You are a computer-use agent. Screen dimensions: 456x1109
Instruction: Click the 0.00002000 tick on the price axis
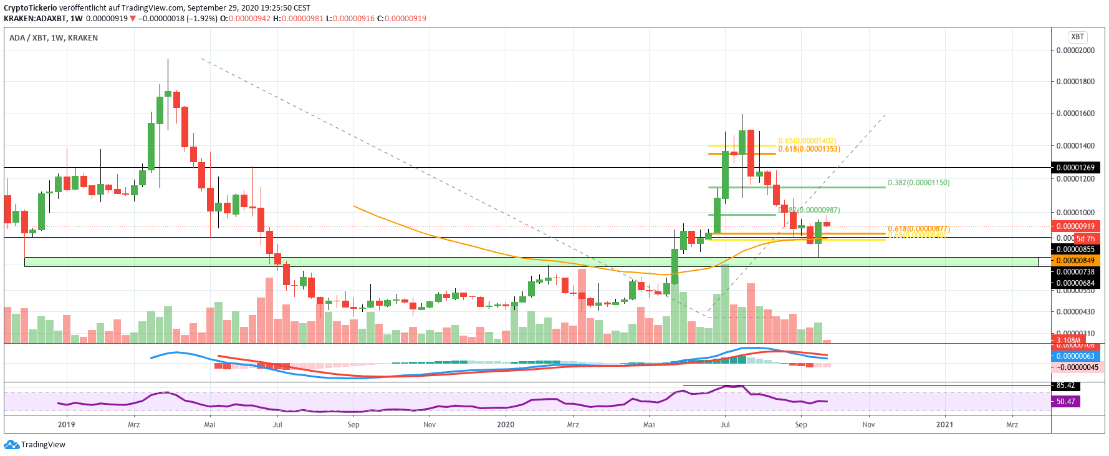coord(1075,51)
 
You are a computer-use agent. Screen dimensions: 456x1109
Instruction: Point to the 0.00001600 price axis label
coord(1075,114)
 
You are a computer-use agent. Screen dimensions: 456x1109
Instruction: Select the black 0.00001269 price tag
coord(1075,168)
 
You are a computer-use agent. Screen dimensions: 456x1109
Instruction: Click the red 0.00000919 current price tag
coord(1075,226)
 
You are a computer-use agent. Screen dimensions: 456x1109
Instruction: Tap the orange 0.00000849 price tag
coord(1075,261)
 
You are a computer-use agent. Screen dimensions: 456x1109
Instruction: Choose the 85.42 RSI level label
coord(1066,386)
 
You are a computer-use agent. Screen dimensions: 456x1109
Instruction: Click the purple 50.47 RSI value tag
coord(1066,402)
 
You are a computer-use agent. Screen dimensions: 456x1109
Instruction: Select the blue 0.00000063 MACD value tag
coord(1075,356)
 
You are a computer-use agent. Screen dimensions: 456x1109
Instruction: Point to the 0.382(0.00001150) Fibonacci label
coord(918,183)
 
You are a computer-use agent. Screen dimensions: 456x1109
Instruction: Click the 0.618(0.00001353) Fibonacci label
coord(809,149)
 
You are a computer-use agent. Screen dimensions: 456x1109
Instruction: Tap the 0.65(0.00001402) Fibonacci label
coord(807,141)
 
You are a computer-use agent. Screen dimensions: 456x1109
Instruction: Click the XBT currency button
coord(1077,37)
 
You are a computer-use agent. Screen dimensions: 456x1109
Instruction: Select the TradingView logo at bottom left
coord(35,445)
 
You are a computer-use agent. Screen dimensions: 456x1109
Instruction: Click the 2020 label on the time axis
coord(506,425)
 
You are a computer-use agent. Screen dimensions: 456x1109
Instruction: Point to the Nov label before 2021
coord(868,425)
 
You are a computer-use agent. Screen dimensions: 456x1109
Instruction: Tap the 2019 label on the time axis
coord(66,425)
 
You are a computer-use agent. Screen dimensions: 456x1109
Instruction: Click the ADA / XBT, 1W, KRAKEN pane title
coord(54,38)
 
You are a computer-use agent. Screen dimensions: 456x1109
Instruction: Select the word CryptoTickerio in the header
coord(31,8)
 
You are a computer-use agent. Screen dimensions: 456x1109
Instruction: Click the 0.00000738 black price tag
coord(1075,272)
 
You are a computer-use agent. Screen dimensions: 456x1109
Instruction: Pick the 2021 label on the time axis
coord(944,425)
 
